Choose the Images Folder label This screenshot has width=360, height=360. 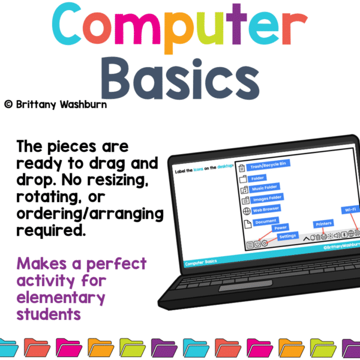(267, 198)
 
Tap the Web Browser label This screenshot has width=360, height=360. (266, 209)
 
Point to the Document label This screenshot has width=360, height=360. (265, 221)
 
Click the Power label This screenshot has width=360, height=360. (280, 228)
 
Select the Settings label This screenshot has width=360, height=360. (287, 236)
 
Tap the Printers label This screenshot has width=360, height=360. (323, 224)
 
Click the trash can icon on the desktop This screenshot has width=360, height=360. (242, 167)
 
